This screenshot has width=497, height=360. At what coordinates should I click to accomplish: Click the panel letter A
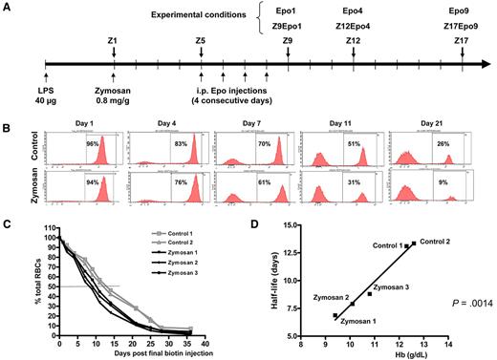[x=7, y=7]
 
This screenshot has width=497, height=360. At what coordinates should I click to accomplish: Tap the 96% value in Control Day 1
[x=94, y=144]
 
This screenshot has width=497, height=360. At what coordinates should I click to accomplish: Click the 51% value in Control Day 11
[x=353, y=144]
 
